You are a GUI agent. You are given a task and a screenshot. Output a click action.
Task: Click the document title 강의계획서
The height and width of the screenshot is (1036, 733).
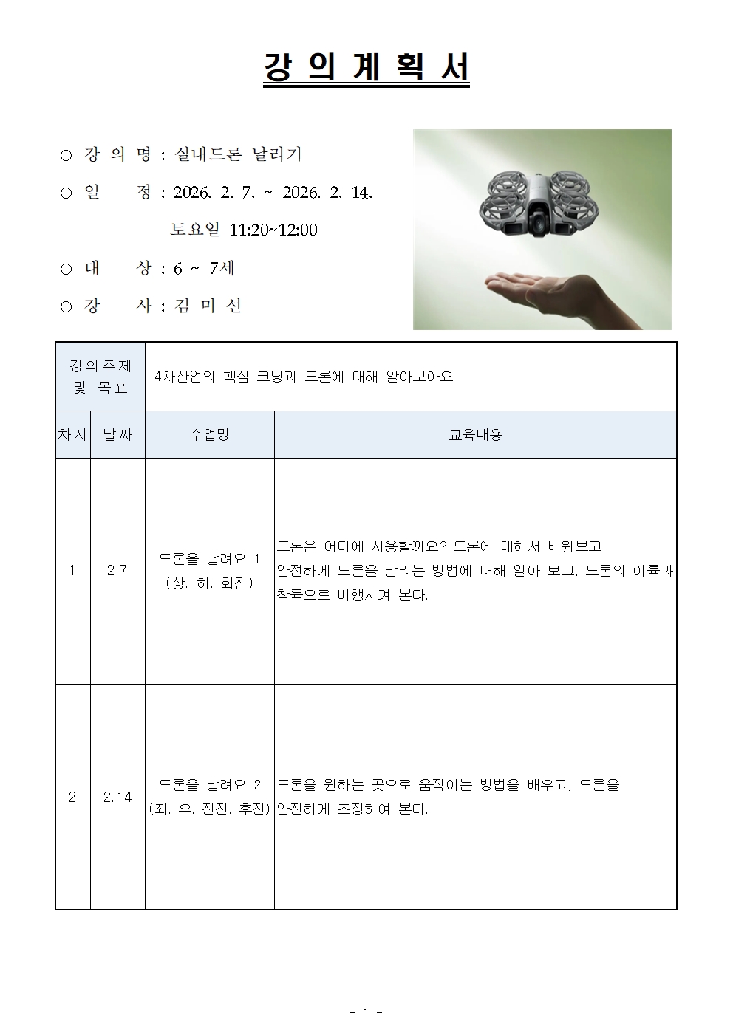[x=366, y=69]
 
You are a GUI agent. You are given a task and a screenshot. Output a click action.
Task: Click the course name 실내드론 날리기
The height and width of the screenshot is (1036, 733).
[x=237, y=154]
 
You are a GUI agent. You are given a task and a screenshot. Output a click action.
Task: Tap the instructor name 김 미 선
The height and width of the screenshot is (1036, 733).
[x=208, y=306]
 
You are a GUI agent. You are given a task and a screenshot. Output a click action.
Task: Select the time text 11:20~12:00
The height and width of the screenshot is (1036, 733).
[x=273, y=230]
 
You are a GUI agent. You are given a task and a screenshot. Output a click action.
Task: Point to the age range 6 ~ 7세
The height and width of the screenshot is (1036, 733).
[x=204, y=268]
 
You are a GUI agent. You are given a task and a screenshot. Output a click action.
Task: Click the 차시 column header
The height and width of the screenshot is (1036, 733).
[x=72, y=435]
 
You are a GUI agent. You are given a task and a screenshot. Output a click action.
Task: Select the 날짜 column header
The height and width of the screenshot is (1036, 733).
[x=117, y=435]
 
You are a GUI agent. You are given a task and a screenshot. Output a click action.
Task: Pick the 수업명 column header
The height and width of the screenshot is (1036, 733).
[x=209, y=435]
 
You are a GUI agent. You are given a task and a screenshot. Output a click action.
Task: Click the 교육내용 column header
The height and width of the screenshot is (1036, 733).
[x=475, y=435]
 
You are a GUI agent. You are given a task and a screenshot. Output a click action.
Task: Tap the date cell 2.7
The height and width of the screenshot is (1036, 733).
[x=117, y=571]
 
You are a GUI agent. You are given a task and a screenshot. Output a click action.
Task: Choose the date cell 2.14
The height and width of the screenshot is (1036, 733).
[x=117, y=797]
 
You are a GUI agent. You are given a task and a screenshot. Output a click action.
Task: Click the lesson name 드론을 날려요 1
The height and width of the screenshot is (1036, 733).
[x=209, y=559]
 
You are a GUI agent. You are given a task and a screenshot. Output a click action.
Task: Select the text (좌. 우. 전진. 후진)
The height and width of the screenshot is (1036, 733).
[x=209, y=809]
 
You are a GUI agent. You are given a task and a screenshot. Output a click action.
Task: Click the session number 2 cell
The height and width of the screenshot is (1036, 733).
[x=72, y=797]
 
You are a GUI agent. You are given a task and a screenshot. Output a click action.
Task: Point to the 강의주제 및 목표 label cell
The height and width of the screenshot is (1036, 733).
[x=100, y=377]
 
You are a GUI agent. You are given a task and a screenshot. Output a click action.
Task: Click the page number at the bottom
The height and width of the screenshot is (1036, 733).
[x=366, y=1013]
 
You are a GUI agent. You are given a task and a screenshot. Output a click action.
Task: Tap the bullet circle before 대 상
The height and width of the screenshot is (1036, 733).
[x=66, y=269]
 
